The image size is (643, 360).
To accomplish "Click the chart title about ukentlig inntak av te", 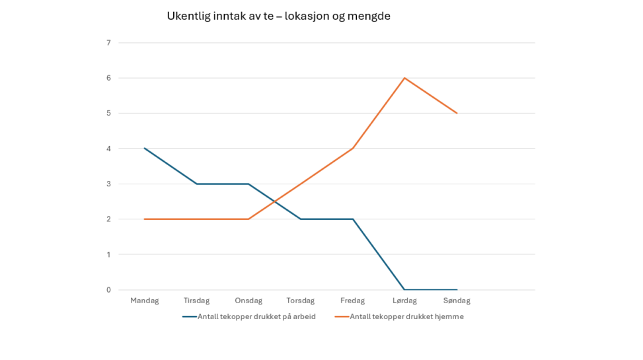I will pos(278,16).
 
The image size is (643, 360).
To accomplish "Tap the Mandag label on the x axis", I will pos(145,301).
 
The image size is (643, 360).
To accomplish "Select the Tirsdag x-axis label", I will pos(197,301).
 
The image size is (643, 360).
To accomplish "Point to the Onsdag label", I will pos(248,301).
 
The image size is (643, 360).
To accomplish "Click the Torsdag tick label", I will pos(301,301).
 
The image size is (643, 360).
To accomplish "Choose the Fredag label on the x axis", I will pos(353,301).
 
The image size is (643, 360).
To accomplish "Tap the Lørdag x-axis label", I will pos(404,301).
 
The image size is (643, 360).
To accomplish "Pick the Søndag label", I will pos(457,301).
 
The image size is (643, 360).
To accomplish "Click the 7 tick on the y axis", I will pos(108,43).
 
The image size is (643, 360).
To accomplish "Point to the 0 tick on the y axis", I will pos(108,289).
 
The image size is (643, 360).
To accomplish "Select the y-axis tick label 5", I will pos(108,113).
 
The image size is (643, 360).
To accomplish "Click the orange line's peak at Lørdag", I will pos(404,78).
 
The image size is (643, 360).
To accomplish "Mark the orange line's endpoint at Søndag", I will pos(457,113).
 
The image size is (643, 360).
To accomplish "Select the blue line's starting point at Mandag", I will pos(145,149).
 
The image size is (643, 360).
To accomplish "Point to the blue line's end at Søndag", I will pos(457,289).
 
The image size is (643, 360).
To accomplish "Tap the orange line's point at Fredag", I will pos(353,149).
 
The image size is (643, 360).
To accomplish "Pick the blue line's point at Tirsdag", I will pos(197,184).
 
